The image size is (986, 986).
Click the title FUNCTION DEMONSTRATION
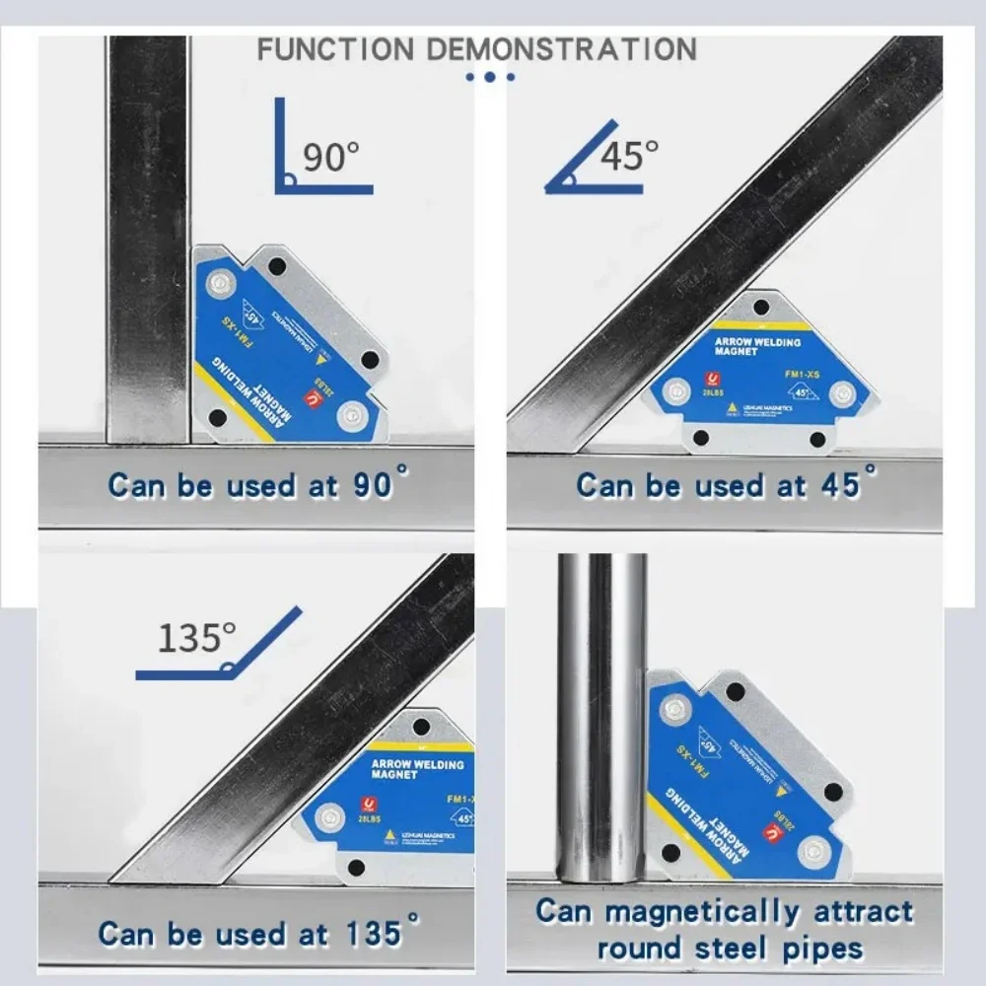[x=476, y=48]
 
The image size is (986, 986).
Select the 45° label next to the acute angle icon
[x=629, y=155]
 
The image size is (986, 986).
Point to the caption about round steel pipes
[x=725, y=929]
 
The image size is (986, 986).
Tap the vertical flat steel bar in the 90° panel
[x=147, y=237]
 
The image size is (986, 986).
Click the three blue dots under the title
[x=489, y=76]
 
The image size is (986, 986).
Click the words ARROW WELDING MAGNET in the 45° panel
[x=757, y=345]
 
